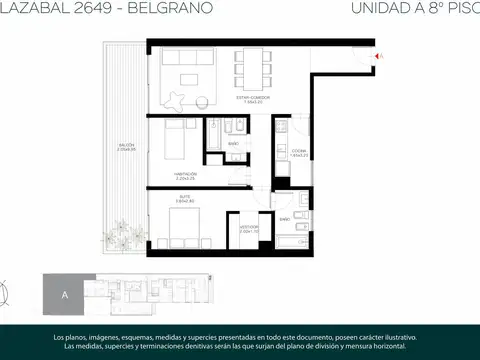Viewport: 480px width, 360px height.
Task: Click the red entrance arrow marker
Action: pyautogui.click(x=377, y=57)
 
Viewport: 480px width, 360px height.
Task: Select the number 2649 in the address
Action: pyautogui.click(x=85, y=9)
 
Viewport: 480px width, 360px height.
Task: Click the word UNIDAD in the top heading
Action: pyautogui.click(x=380, y=9)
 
